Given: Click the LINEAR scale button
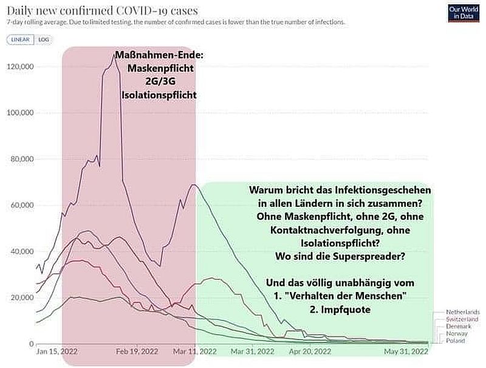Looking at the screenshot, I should tap(21, 39).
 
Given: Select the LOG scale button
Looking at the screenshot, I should tap(44, 39).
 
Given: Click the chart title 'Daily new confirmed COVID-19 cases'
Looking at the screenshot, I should tap(102, 10).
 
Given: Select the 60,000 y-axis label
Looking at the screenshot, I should tap(22, 205).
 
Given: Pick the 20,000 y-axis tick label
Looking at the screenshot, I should tap(22, 297).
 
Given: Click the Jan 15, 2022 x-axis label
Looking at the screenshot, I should tap(57, 352).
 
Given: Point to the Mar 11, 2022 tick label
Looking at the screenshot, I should tap(196, 352).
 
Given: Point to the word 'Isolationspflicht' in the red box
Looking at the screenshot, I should tap(159, 95).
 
